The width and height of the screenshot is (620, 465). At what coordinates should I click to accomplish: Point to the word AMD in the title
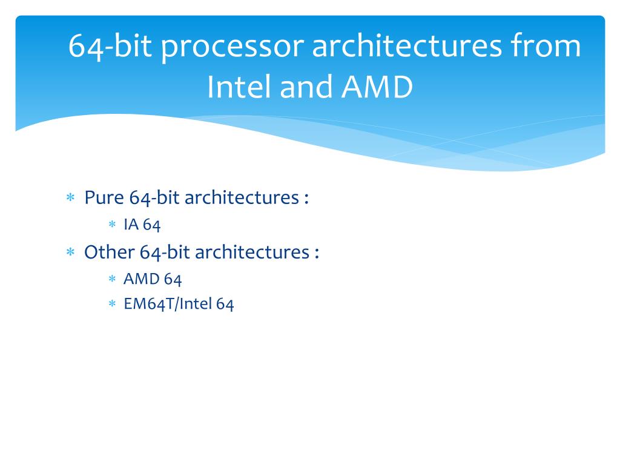[377, 87]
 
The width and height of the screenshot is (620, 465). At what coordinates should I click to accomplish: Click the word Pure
[104, 197]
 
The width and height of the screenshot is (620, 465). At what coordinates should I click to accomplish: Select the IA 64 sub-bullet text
[142, 225]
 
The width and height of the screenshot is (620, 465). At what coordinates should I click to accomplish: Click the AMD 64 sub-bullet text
[153, 279]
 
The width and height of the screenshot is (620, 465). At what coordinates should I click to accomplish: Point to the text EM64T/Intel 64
[179, 303]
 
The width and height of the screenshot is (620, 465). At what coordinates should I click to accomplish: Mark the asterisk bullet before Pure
[70, 198]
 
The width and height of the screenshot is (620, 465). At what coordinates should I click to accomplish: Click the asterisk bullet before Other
[70, 252]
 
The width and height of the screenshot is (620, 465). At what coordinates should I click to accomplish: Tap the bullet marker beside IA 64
[112, 225]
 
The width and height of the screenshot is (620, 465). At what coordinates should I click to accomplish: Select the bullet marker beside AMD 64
[112, 279]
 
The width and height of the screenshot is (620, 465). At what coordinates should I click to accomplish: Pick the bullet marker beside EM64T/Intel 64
[112, 304]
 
